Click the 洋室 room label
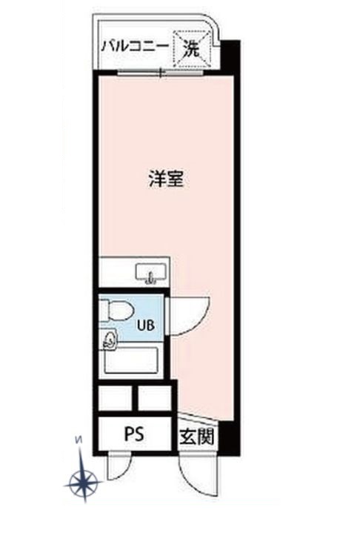(166, 179)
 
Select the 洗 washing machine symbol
(192, 50)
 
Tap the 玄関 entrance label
(196, 437)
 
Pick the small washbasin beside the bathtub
(110, 340)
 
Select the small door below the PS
(116, 466)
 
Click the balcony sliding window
(160, 73)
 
